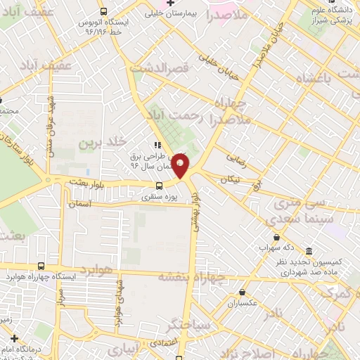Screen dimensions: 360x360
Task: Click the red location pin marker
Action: coord(181,166)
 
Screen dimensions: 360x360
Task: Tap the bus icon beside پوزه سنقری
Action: coord(160,186)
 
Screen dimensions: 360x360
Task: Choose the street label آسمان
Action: coord(79,204)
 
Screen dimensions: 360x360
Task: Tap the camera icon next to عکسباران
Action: coord(242,292)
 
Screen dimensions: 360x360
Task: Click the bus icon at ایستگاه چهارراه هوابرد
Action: coord(41,266)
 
